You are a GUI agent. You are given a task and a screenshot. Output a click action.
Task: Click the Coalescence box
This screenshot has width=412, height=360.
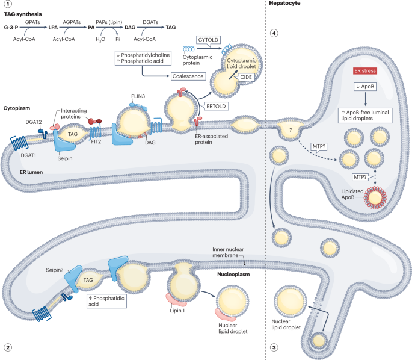pos(188,76)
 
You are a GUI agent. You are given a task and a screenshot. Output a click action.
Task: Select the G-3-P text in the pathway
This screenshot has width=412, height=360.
pos(13,28)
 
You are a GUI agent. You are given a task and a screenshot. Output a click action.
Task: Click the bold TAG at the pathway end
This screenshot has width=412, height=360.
pos(171,28)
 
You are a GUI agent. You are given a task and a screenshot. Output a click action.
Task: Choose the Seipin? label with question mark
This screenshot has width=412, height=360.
pos(55,255)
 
